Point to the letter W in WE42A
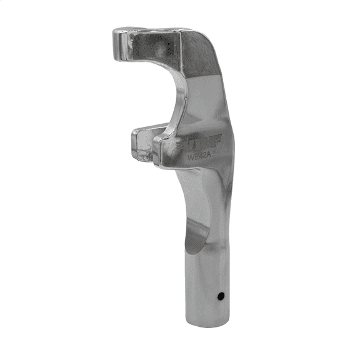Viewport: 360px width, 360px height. coord(190,157)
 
